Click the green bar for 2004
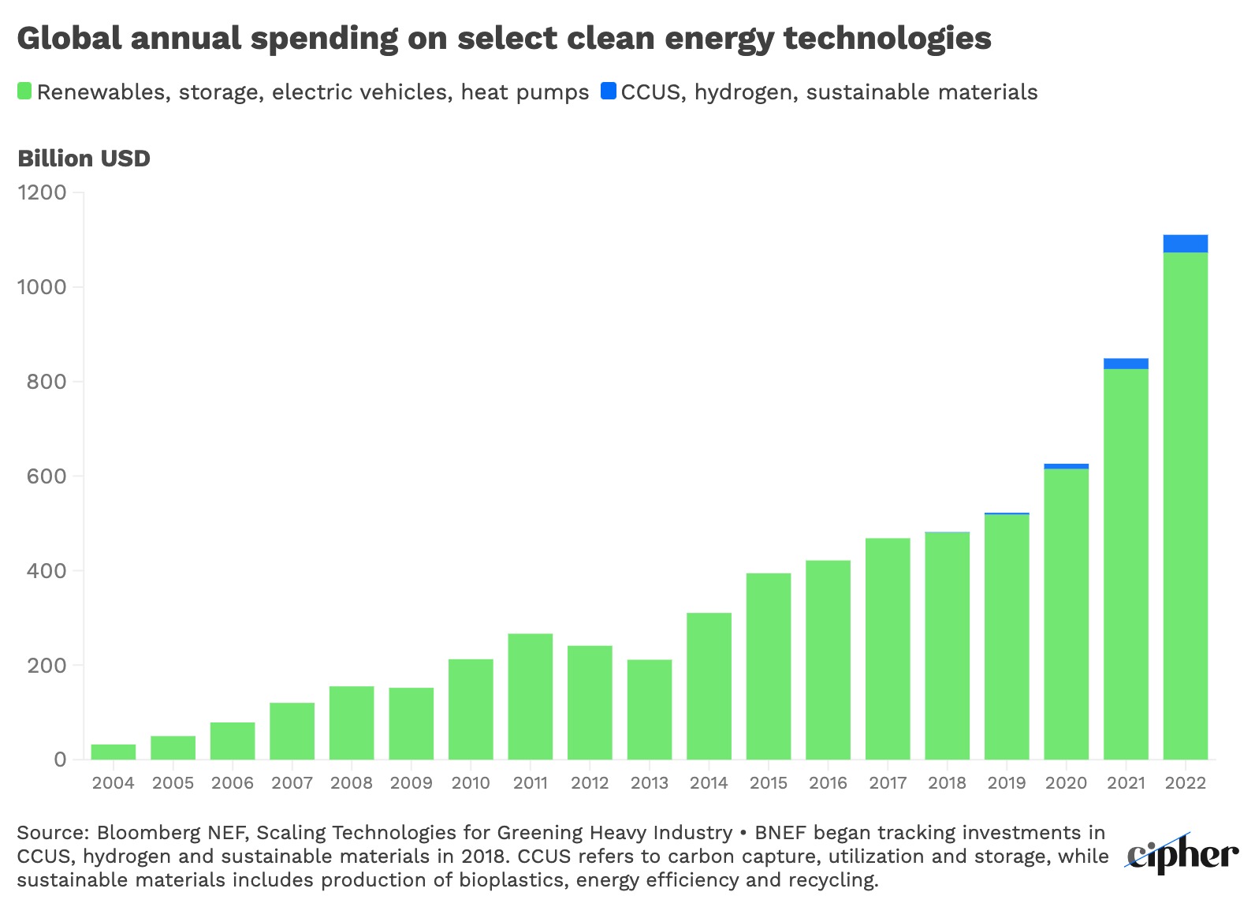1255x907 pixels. (x=114, y=752)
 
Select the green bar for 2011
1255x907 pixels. (x=531, y=696)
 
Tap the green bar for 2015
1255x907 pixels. (x=769, y=666)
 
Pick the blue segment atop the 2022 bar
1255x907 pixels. (x=1185, y=244)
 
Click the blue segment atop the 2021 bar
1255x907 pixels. (x=1126, y=364)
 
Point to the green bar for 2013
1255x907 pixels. (x=650, y=709)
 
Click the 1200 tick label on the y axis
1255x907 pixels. (x=42, y=192)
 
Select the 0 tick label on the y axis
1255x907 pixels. (x=60, y=760)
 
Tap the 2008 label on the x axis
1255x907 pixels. (x=352, y=783)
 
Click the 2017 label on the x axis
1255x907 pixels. (x=888, y=783)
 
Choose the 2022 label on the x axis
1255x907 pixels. (x=1185, y=783)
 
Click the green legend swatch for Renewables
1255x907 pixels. (x=24, y=91)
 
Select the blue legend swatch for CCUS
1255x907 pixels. (x=608, y=91)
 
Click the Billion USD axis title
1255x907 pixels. (x=84, y=159)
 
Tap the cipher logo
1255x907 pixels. (x=1182, y=855)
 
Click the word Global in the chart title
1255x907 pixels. (x=69, y=38)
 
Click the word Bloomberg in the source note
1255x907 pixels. (x=148, y=833)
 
